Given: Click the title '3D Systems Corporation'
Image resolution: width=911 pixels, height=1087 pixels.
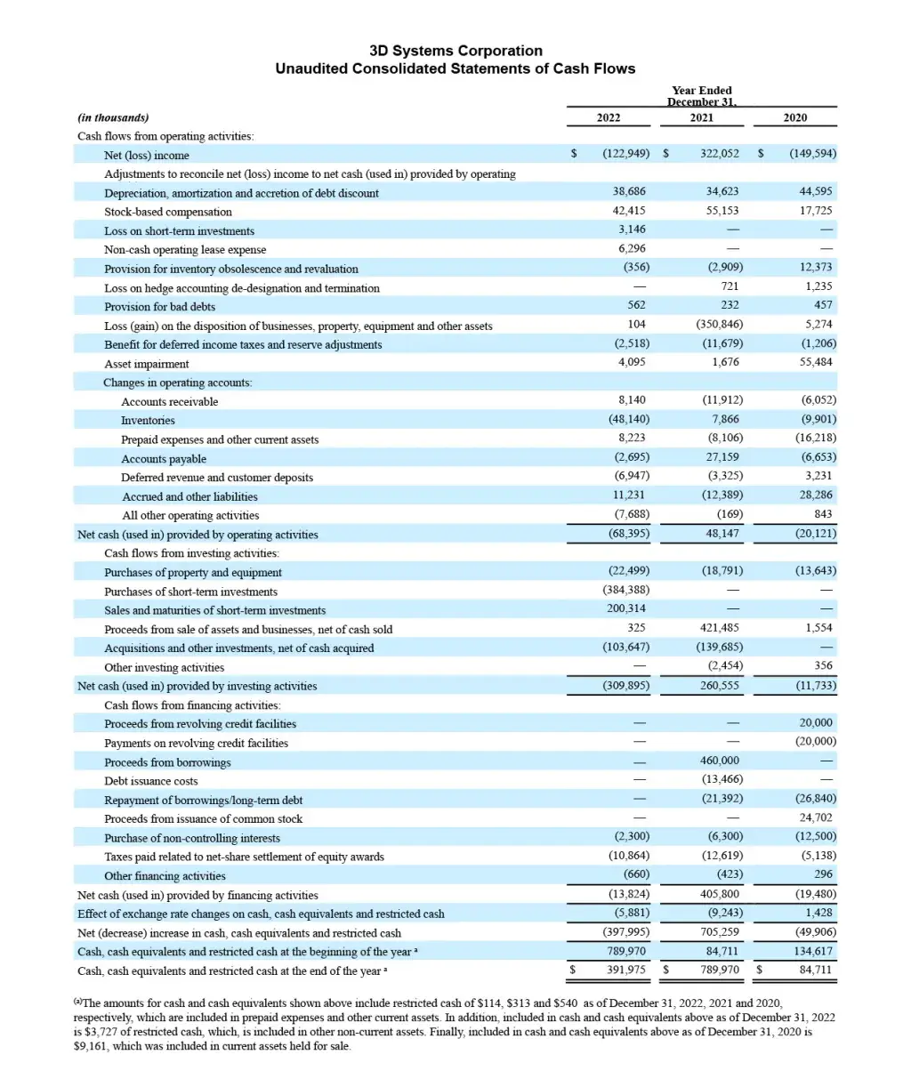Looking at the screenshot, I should [455, 51].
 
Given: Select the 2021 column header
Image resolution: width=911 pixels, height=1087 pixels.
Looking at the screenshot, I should [701, 117].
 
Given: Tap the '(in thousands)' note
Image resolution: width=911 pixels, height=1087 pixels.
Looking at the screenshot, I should [113, 117].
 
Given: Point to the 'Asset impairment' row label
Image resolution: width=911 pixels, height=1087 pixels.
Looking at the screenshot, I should [147, 364].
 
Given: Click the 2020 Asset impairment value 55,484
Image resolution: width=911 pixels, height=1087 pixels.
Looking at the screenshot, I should [816, 362].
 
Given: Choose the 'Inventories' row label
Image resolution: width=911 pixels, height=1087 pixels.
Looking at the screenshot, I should [148, 421].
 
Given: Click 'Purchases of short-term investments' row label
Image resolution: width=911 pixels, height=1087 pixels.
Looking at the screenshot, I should [190, 592].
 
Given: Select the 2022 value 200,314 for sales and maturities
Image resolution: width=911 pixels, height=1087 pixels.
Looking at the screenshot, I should [626, 609].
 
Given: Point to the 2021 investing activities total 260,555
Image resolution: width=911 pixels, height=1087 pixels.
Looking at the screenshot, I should [719, 686].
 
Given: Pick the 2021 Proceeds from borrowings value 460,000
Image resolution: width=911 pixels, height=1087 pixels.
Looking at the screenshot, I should [720, 761].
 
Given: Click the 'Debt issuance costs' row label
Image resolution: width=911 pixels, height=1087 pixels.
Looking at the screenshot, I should [151, 781].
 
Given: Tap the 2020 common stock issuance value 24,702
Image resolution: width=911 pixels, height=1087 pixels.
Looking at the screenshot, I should [816, 817].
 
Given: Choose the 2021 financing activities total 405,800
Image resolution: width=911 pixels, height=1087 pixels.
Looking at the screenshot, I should [720, 894].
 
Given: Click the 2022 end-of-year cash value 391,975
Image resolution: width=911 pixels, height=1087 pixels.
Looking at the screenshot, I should [626, 970].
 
